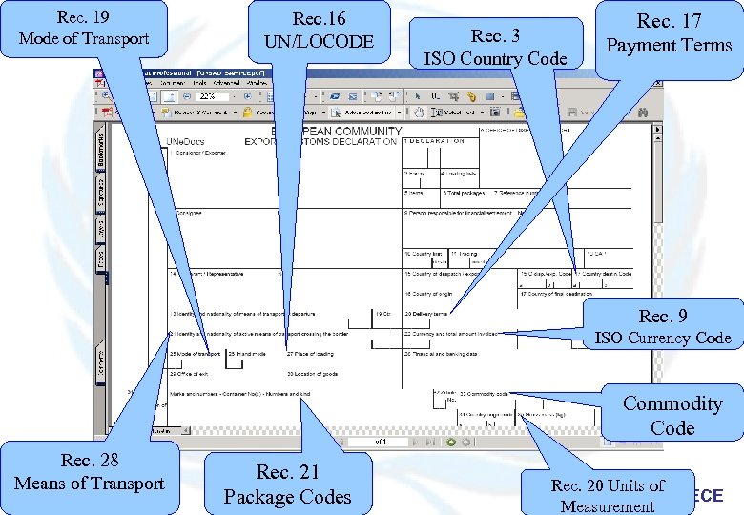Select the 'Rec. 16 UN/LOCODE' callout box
pos(320,31)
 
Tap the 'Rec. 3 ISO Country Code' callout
pos(495,48)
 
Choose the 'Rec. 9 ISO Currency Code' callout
pos(662,327)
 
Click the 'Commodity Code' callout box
pos(672,415)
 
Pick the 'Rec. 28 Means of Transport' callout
pos(90,472)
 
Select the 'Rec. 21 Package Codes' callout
pos(287,484)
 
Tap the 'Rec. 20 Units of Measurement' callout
pos(608,495)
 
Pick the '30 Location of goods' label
pos(312,373)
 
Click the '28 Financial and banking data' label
pos(444,354)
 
